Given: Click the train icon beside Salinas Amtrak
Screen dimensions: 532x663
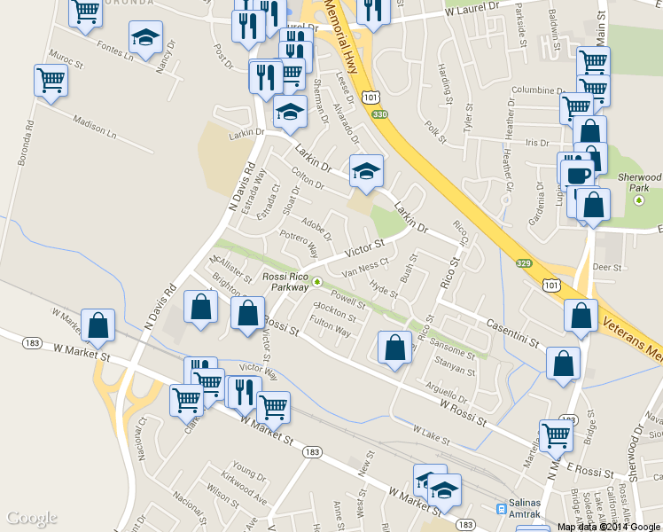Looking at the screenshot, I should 501,510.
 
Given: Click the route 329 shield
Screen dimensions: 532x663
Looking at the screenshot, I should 523,263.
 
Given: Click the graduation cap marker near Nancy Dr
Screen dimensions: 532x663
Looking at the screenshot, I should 144,37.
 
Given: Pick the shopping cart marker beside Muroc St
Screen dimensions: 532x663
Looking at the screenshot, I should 51,80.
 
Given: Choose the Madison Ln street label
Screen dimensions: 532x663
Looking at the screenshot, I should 95,129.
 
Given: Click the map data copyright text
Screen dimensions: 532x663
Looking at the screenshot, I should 610,527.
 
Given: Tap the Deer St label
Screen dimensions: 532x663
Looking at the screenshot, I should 607,267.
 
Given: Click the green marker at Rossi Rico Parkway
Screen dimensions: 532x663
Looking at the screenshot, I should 317,283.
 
